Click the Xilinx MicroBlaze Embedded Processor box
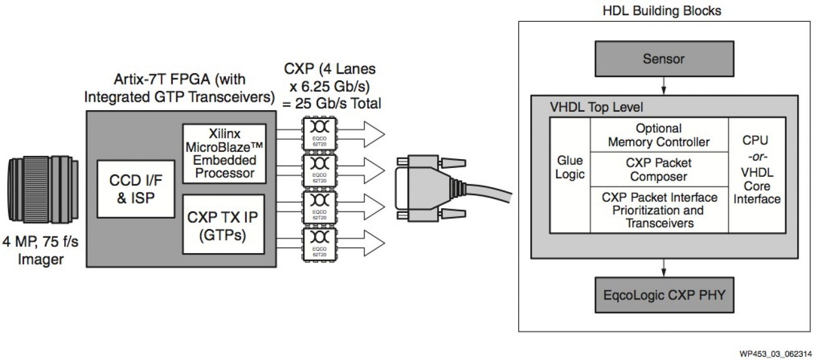coord(224,153)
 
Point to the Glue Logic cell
coord(570,167)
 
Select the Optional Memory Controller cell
coord(659,135)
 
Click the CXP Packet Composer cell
coord(659,170)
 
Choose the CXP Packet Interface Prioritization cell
coord(659,210)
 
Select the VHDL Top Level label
coord(596,107)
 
